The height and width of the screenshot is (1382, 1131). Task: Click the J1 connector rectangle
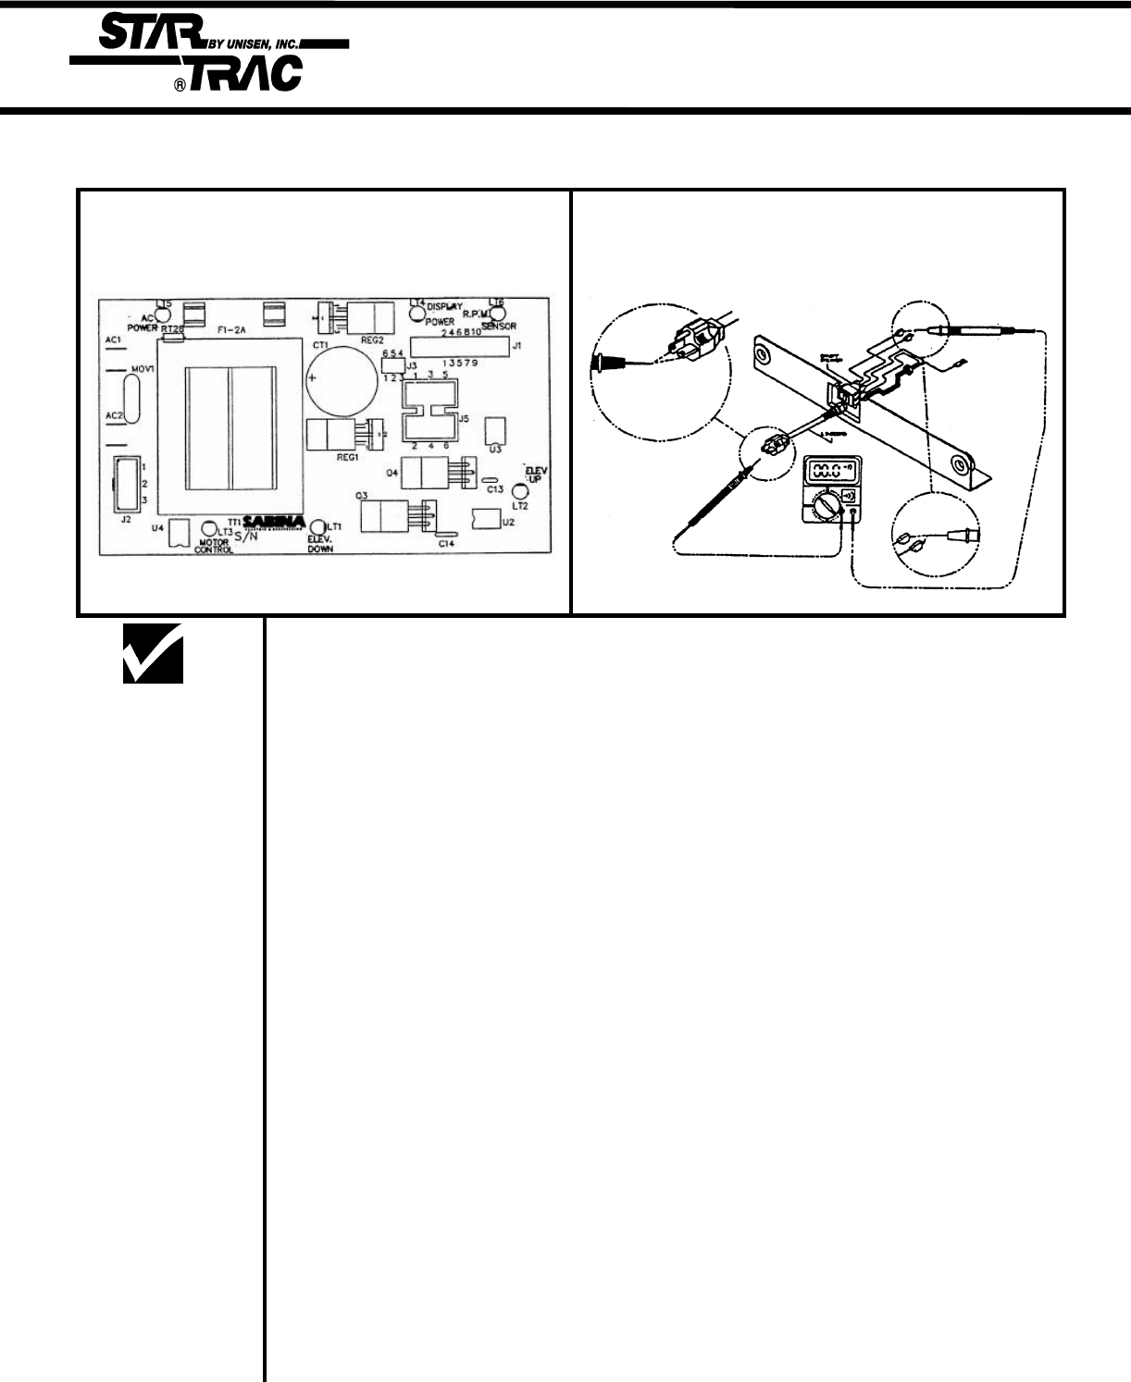[x=460, y=348]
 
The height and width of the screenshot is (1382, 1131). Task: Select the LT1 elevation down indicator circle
[x=318, y=527]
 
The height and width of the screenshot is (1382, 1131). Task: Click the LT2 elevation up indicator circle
[x=520, y=491]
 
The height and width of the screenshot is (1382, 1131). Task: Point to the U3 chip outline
[x=496, y=429]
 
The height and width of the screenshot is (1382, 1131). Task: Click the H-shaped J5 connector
[x=432, y=411]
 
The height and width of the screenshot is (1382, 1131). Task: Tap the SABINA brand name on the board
[x=274, y=522]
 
